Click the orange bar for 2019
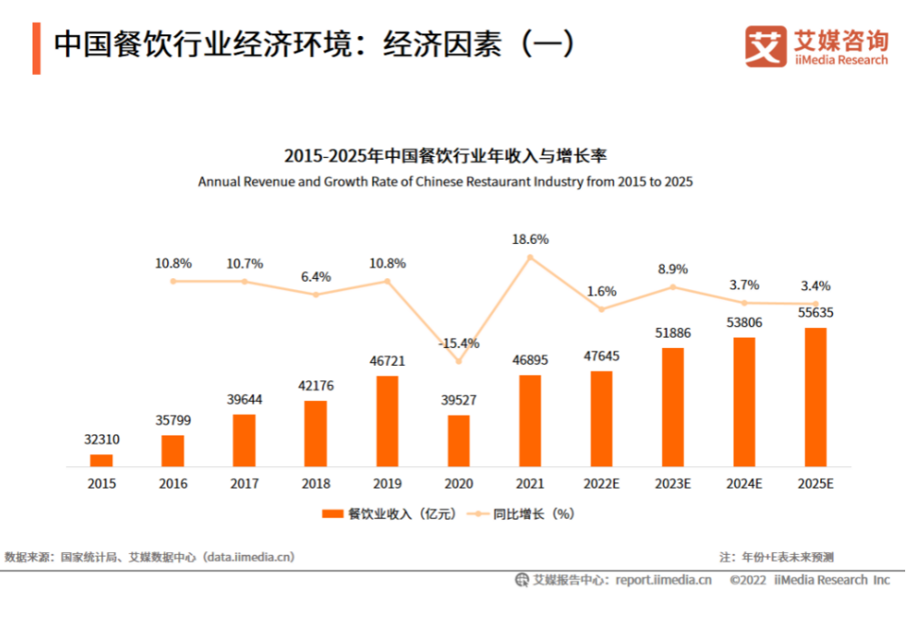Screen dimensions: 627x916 click(x=387, y=421)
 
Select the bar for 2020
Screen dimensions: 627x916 click(x=459, y=440)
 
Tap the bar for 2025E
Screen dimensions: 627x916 click(x=815, y=397)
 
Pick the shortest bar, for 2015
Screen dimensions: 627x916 click(x=101, y=460)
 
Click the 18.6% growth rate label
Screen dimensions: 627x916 click(x=530, y=239)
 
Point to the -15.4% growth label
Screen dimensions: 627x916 click(x=459, y=344)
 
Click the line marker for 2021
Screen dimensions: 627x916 click(x=530, y=257)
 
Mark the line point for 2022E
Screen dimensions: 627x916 click(x=602, y=309)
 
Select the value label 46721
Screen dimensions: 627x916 click(x=387, y=361)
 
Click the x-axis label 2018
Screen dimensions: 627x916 click(x=315, y=484)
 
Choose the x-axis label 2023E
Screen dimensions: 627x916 click(x=672, y=484)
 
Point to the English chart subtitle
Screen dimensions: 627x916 click(x=444, y=182)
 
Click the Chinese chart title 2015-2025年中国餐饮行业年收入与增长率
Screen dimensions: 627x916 click(x=444, y=155)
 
